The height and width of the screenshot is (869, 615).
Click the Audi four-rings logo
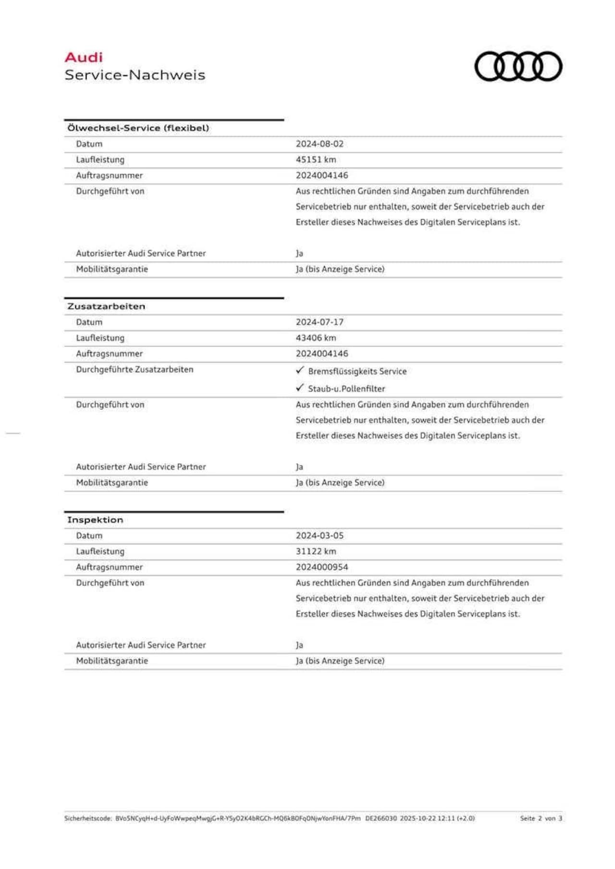click(x=518, y=66)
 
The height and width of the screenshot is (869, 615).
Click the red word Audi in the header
click(x=84, y=58)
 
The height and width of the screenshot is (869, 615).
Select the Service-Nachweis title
click(x=135, y=75)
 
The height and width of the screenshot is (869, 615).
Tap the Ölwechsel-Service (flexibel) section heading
click(x=138, y=128)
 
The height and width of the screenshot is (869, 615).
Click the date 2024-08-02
click(x=320, y=144)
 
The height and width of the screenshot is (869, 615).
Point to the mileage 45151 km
click(x=316, y=159)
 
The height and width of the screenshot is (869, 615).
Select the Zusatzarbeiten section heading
click(x=106, y=306)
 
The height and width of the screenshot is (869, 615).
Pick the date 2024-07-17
click(x=320, y=322)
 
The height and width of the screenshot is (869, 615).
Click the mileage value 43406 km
click(x=316, y=338)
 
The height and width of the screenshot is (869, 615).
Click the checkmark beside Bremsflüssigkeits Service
click(x=300, y=370)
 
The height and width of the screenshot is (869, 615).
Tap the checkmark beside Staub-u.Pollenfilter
click(x=300, y=388)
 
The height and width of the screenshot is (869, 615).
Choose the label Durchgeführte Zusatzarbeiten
click(x=135, y=369)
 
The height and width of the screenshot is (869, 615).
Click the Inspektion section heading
click(x=95, y=520)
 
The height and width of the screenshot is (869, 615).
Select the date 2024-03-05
click(x=320, y=536)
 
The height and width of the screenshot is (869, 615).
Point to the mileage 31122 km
click(x=316, y=551)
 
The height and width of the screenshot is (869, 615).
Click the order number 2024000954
click(x=322, y=567)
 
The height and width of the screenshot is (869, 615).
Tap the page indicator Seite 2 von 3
click(x=541, y=818)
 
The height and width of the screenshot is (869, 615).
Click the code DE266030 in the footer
click(x=381, y=818)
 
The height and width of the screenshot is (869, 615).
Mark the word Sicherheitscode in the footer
click(x=88, y=818)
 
